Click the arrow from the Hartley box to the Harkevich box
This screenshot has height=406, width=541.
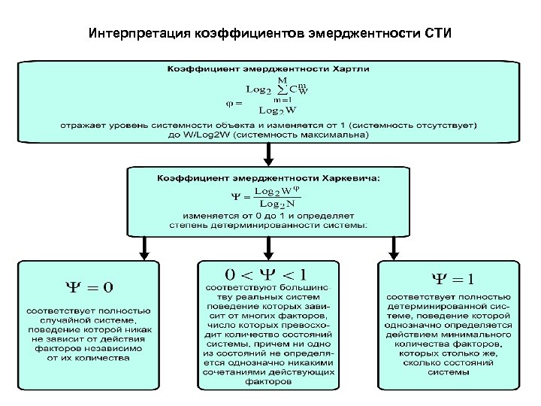click(268, 155)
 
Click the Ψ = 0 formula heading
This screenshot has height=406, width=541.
click(89, 286)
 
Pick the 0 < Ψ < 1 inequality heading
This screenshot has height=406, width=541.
click(269, 274)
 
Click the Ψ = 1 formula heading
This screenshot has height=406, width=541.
click(449, 280)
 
